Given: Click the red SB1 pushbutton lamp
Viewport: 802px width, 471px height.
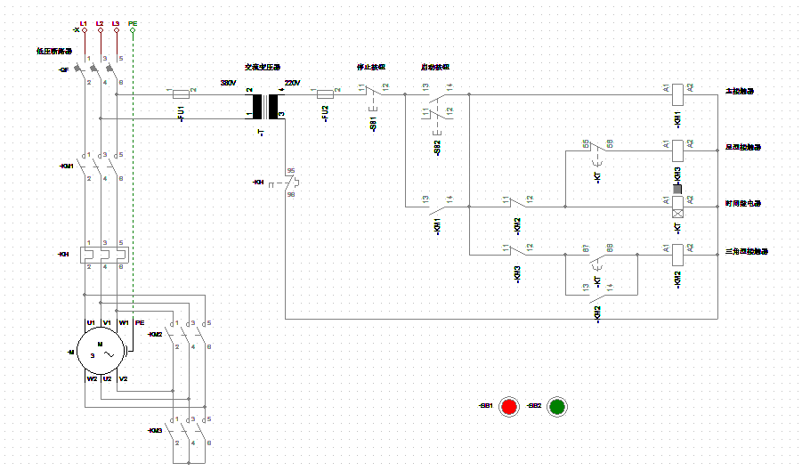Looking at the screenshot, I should coord(509,406).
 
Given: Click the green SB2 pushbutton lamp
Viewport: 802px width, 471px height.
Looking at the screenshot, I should coord(557,406).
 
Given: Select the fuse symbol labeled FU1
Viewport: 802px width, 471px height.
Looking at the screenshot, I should coord(182,92).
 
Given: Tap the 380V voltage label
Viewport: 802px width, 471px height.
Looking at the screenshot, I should coord(229,83).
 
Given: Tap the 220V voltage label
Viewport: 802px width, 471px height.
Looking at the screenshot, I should coord(292,83).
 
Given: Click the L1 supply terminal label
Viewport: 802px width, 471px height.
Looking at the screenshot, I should coord(84,21).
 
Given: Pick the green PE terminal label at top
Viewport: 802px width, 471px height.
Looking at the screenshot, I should coord(133,21).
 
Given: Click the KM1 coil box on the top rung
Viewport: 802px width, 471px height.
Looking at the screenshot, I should coord(677,92).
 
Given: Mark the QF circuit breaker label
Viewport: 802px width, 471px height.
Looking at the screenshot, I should coord(64,69).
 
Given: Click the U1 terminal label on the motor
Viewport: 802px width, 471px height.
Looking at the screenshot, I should coord(91,322).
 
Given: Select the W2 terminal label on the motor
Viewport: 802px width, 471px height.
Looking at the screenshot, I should coord(91,378).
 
